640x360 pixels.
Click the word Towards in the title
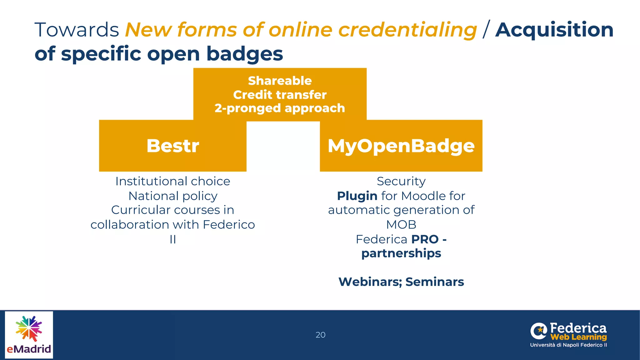[77, 30]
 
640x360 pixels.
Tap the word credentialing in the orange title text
[407, 30]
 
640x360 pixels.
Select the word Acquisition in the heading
[554, 30]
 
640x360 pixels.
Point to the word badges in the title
[244, 54]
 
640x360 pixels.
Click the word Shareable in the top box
[280, 81]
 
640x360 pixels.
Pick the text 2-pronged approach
[280, 108]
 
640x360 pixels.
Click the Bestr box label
[173, 146]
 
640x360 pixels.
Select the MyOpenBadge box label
[401, 146]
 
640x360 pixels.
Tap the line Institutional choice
[173, 181]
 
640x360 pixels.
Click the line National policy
[173, 196]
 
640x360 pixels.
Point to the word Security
[401, 181]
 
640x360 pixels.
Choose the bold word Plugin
[357, 196]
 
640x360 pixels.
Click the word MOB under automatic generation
[401, 225]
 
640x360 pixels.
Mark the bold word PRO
[425, 239]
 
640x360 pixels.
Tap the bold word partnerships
[401, 253]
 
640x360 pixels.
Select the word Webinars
[370, 282]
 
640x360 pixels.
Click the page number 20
[320, 335]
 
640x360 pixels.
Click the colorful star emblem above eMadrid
[29, 328]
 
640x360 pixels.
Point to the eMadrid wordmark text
[29, 349]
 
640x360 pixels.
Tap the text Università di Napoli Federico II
[568, 345]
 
